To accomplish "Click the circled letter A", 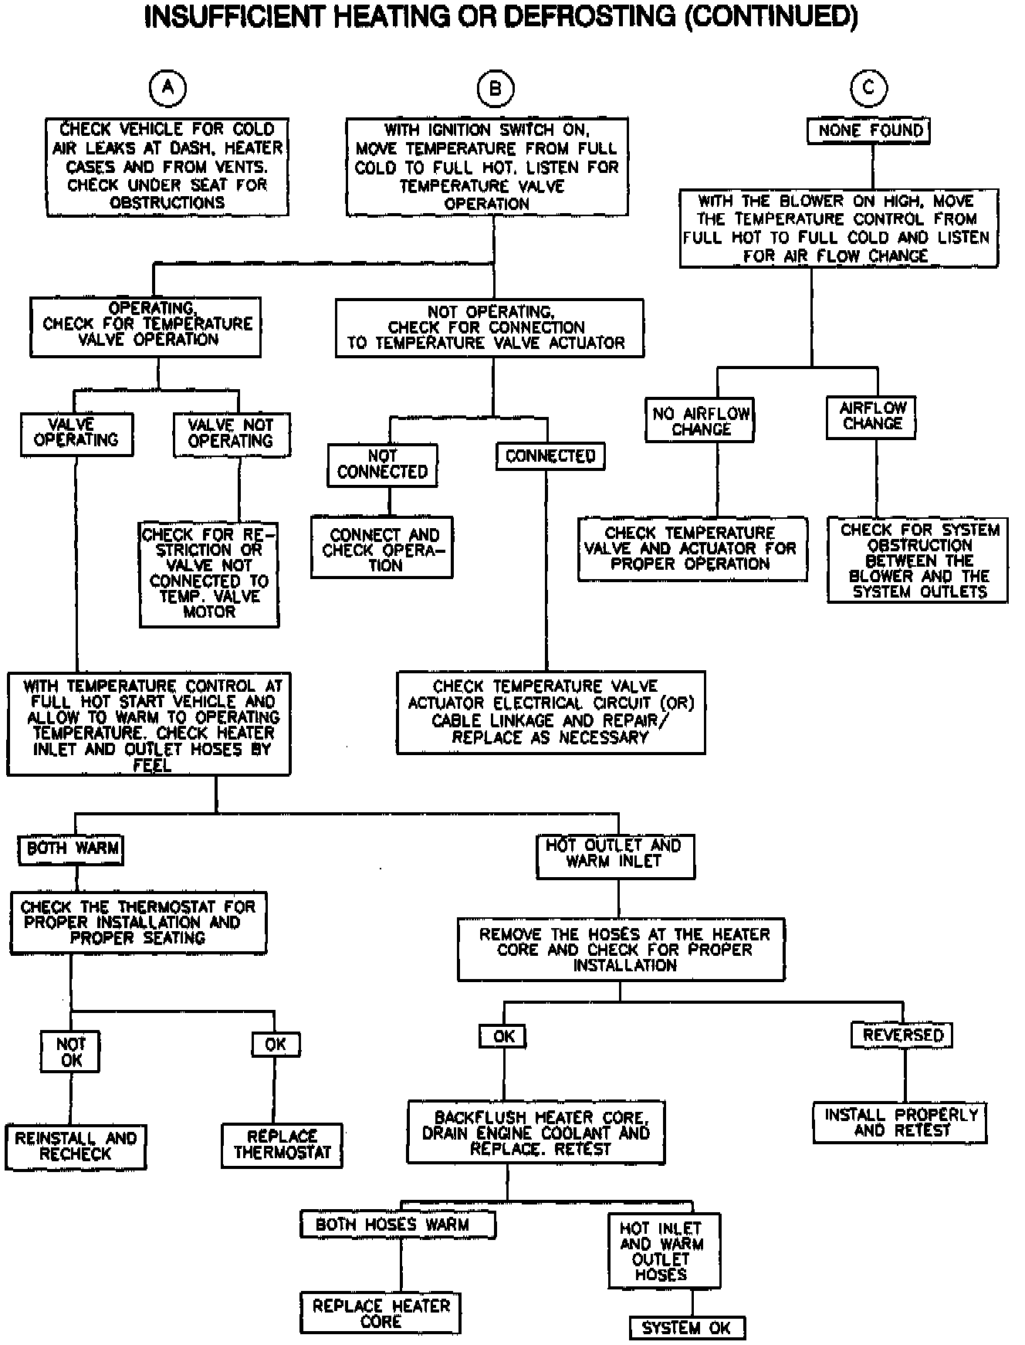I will pyautogui.click(x=167, y=88).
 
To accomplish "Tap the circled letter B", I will pyautogui.click(x=496, y=89).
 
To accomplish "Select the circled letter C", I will pyautogui.click(x=869, y=88).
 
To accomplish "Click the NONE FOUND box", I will pyautogui.click(x=869, y=130).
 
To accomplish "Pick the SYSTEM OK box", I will pyautogui.click(x=687, y=1327).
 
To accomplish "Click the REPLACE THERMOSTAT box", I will pyautogui.click(x=282, y=1145).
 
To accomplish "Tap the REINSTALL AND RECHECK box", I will pyautogui.click(x=76, y=1147).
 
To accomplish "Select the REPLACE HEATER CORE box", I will pyautogui.click(x=381, y=1313).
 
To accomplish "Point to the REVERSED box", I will pyautogui.click(x=902, y=1035).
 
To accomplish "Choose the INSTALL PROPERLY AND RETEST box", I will pyautogui.click(x=901, y=1123).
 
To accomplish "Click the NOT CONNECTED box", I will pyautogui.click(x=383, y=465).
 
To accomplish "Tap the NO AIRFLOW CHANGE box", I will pyautogui.click(x=701, y=421).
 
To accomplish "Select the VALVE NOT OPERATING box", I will pyautogui.click(x=231, y=434).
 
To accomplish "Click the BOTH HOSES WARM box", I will pyautogui.click(x=398, y=1225).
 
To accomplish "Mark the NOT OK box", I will pyautogui.click(x=71, y=1052).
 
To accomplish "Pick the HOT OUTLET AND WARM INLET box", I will pyautogui.click(x=615, y=855).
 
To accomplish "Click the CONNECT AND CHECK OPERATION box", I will pyautogui.click(x=383, y=549).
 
